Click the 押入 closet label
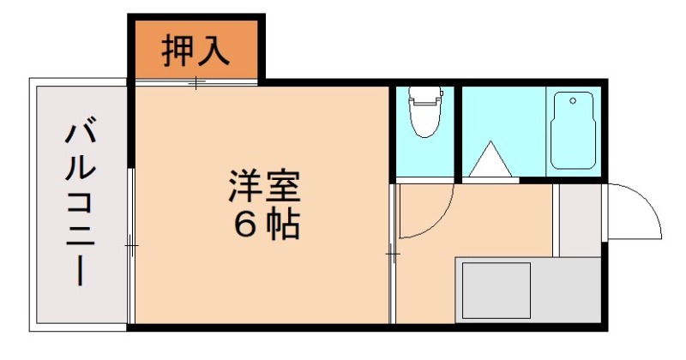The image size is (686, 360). point(196,51)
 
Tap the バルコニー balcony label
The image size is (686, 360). point(81,205)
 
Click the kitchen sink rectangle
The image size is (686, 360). point(496,291)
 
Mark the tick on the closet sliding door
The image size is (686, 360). point(196,83)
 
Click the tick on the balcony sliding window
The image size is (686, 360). point(131,245)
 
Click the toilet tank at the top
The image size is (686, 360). point(423,93)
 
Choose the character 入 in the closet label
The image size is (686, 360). point(214,51)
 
